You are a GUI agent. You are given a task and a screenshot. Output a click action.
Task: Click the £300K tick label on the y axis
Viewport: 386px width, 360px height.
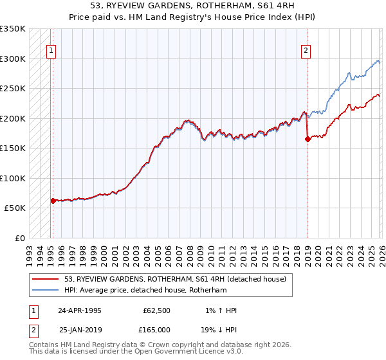coord(13,59)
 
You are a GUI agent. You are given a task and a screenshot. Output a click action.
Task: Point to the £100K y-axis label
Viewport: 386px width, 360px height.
coord(13,178)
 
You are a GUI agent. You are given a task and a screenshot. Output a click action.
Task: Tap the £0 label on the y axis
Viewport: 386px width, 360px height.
coord(19,238)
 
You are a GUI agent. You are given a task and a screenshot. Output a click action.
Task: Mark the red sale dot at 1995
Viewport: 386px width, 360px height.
coord(53,201)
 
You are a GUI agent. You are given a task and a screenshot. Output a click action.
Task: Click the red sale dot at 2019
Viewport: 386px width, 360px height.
coord(308,139)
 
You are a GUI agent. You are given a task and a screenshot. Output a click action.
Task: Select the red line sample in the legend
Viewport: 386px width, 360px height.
coord(46,278)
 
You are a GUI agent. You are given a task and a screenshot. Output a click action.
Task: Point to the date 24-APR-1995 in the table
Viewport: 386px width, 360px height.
coord(80,310)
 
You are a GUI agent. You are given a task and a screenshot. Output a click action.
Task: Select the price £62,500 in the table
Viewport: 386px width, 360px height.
coord(156,310)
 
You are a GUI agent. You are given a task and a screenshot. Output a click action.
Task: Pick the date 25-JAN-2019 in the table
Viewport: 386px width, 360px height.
coord(80,330)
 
